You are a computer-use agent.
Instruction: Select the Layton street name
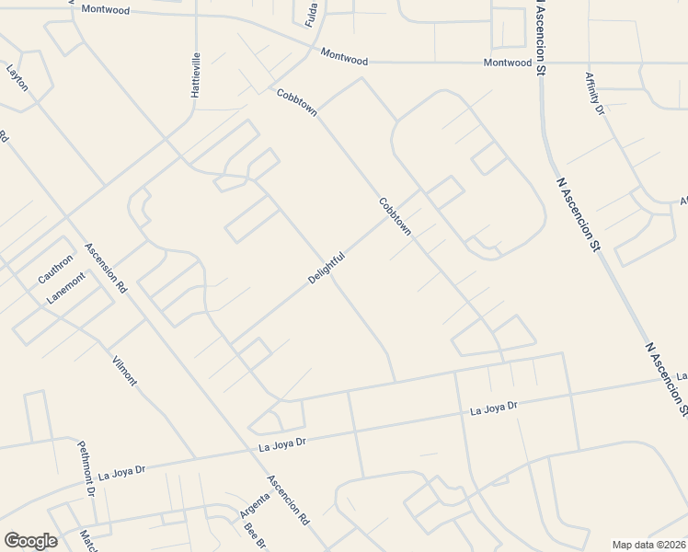tap(17, 77)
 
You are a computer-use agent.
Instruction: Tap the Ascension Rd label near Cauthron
tap(105, 267)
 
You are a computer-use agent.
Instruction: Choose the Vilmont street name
tap(123, 370)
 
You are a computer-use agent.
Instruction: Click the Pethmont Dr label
tap(86, 468)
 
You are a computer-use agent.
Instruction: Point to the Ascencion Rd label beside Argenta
tap(289, 500)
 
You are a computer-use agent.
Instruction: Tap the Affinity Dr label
tap(593, 95)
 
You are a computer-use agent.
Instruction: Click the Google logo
tap(30, 541)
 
